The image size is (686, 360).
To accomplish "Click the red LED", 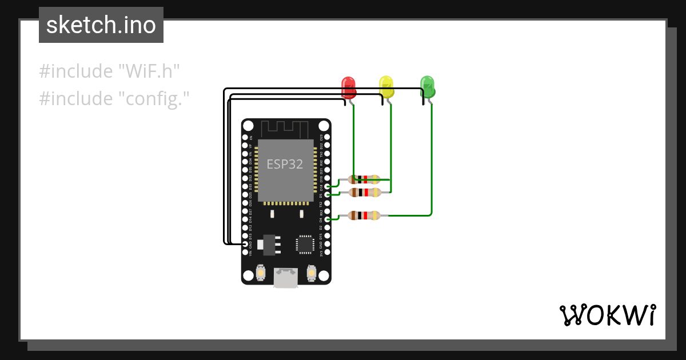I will click(348, 87).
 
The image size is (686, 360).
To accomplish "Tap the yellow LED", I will click(386, 86).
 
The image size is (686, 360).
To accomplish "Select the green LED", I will click(427, 86).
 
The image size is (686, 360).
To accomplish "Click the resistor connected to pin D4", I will click(364, 215).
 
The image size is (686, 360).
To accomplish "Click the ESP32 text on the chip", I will click(285, 164).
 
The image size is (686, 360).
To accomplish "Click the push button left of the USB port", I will click(261, 273).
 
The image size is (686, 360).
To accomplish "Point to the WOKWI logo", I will click(607, 315).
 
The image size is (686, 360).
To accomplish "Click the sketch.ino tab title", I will click(101, 25).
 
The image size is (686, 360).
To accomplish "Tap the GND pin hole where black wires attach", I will click(245, 244).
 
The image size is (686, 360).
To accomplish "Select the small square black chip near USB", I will click(304, 245).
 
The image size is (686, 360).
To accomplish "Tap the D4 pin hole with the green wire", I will click(327, 219).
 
